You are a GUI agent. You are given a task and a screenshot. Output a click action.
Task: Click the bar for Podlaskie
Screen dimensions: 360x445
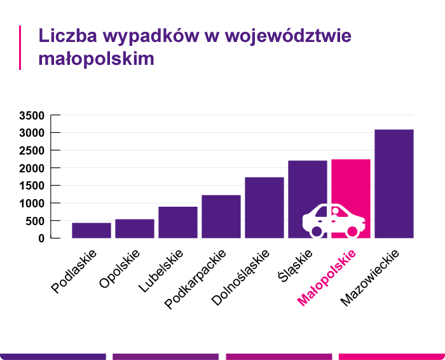click(92, 230)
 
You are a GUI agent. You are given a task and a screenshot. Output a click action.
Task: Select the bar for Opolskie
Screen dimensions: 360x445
click(135, 228)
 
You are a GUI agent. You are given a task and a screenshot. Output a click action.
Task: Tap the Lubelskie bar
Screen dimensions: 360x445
click(178, 222)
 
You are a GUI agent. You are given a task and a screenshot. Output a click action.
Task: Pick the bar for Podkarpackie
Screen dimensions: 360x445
click(221, 216)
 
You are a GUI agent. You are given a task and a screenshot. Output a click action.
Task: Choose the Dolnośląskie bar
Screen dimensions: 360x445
click(264, 207)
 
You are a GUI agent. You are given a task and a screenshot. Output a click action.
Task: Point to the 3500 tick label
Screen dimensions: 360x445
click(31, 116)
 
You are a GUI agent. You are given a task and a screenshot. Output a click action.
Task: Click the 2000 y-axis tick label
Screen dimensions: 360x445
click(31, 168)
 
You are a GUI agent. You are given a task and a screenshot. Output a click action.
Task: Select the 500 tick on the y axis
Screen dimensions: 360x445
click(34, 221)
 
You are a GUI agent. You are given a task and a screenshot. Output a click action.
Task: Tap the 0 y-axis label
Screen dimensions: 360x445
click(40, 239)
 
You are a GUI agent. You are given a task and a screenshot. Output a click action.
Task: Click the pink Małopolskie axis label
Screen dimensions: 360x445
click(327, 278)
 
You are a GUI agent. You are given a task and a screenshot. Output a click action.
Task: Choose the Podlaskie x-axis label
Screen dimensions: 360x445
click(74, 271)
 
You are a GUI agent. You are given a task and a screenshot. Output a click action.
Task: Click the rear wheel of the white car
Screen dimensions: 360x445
click(316, 232)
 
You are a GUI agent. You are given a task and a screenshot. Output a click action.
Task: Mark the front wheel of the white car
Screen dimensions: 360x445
click(352, 232)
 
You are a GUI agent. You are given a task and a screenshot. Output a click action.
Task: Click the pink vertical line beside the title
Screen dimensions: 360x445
click(21, 47)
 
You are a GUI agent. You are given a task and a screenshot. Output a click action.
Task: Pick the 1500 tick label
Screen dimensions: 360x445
click(31, 186)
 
